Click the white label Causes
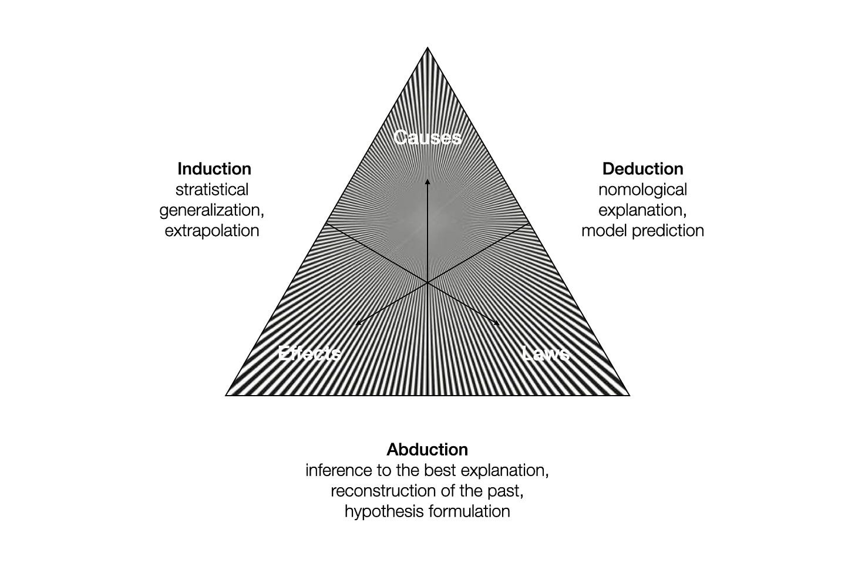pyautogui.click(x=427, y=137)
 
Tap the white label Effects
pyautogui.click(x=309, y=353)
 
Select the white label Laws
pyautogui.click(x=546, y=353)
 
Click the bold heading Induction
pyautogui.click(x=214, y=168)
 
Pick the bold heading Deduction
pyautogui.click(x=643, y=168)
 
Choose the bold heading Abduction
pyautogui.click(x=427, y=450)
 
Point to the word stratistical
pyautogui.click(x=212, y=190)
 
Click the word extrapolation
pyautogui.click(x=212, y=231)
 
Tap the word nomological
pyautogui.click(x=642, y=190)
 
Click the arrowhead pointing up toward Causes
pyautogui.click(x=427, y=182)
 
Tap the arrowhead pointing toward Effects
pyautogui.click(x=358, y=323)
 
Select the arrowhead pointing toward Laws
pyautogui.click(x=497, y=323)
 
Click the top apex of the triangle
pyautogui.click(x=427, y=48)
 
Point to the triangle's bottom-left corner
pyautogui.click(x=226, y=395)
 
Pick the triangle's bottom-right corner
pyautogui.click(x=629, y=395)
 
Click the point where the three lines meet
pyautogui.click(x=427, y=283)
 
